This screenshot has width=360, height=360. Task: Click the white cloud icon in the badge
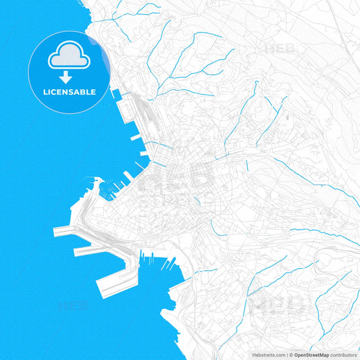[69, 59]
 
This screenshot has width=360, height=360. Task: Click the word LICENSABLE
[69, 91]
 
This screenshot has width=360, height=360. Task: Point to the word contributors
[343, 354]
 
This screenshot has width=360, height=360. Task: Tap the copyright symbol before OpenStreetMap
[291, 354]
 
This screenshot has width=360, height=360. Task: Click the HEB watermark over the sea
[73, 305]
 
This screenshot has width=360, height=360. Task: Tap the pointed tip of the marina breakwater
[96, 179]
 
